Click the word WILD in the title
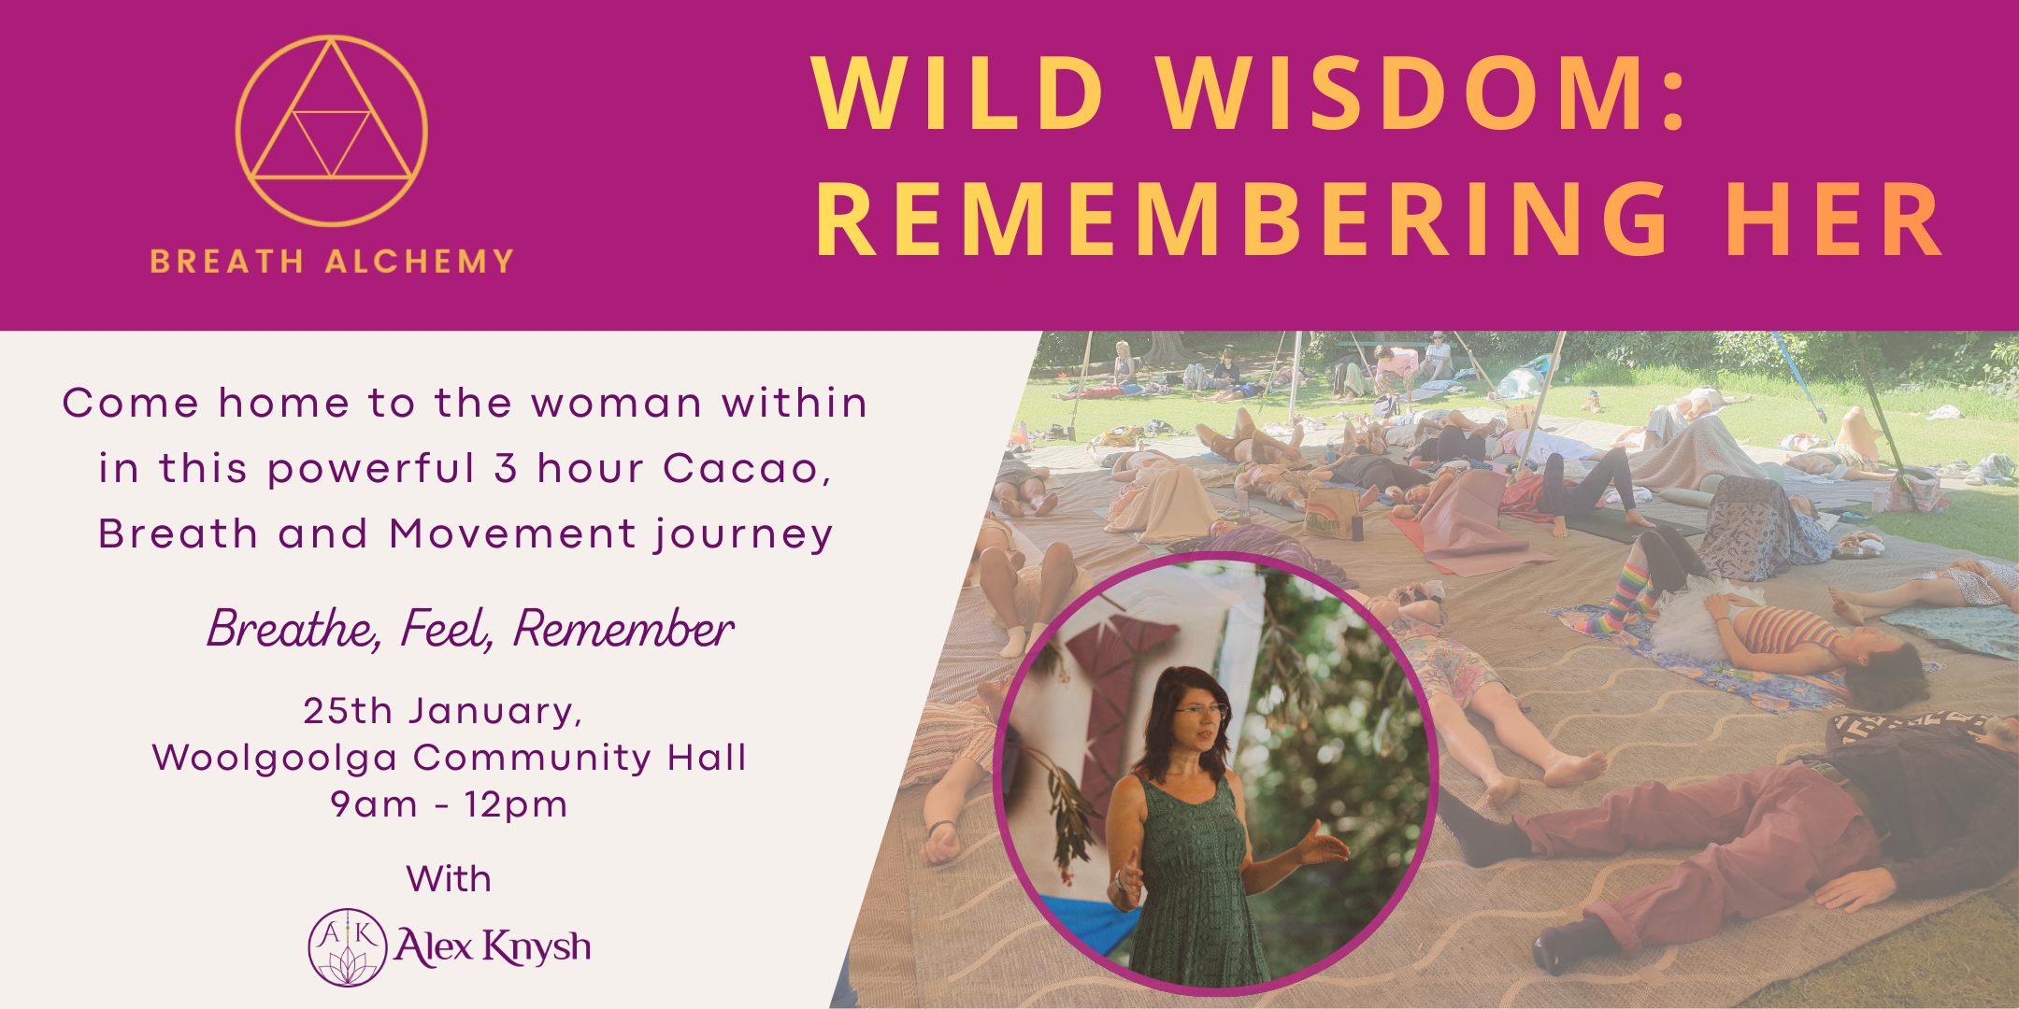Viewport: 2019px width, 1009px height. [x=958, y=93]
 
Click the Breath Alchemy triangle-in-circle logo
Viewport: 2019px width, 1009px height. [x=332, y=131]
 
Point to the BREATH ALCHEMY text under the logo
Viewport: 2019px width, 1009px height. [x=332, y=261]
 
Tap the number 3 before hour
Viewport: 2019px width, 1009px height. [x=506, y=468]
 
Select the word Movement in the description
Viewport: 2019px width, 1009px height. [x=513, y=533]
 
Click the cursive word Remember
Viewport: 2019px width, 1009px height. [x=623, y=629]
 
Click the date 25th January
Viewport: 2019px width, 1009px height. [x=442, y=711]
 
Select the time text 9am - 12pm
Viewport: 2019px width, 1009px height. [x=449, y=804]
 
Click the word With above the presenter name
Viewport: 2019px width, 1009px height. [x=449, y=879]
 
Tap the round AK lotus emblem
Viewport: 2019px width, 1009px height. [x=347, y=947]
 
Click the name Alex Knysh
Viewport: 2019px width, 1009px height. [x=493, y=947]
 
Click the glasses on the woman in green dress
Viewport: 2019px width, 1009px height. [x=1200, y=711]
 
